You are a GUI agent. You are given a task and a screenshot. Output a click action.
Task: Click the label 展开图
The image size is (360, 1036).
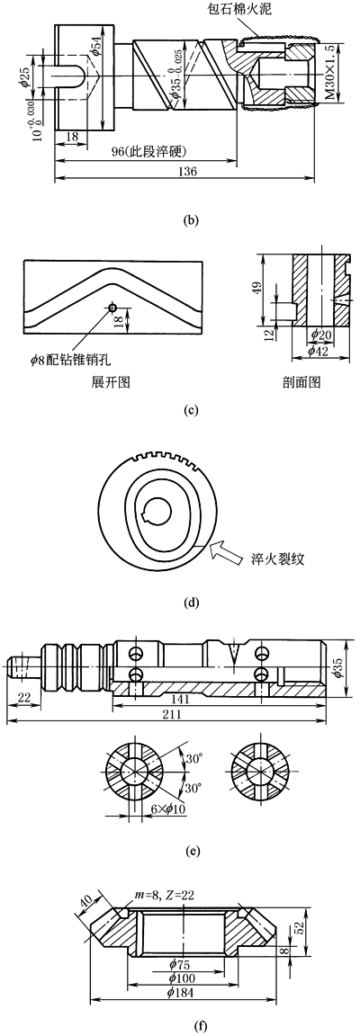click(x=112, y=381)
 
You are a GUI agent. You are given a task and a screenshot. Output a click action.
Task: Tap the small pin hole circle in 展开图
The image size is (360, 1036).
click(x=113, y=308)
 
